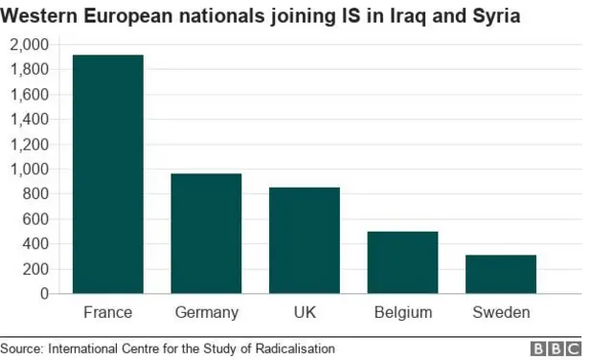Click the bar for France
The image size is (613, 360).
107,174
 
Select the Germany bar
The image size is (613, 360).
206,234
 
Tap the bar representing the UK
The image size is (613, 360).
304,240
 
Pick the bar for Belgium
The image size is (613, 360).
402,262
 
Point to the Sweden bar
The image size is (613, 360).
500,274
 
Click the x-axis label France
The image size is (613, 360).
107,313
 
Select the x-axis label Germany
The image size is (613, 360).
206,313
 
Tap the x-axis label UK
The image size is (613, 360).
304,313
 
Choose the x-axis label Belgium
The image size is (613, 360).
402,313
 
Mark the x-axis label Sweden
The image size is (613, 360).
500,313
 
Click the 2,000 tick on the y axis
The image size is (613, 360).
29,45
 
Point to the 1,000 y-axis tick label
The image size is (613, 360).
29,169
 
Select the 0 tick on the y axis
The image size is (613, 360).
44,294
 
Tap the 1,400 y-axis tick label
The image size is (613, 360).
29,120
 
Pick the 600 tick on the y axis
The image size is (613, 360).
34,219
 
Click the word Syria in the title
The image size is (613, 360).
495,16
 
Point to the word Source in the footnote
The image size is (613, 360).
22,349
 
